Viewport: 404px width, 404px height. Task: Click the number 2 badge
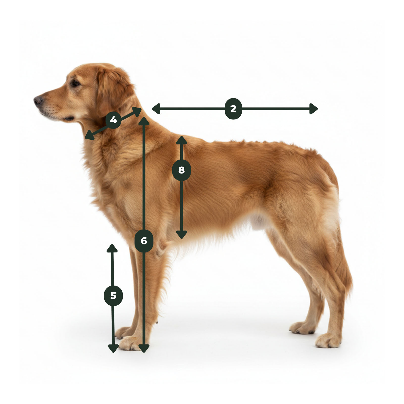point(233,109)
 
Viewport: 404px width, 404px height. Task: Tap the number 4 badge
point(113,120)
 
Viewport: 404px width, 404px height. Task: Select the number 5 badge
point(113,296)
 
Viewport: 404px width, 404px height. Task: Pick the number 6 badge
point(144,241)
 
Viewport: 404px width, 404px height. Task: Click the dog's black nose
point(38,100)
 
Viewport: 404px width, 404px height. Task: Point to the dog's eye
point(75,83)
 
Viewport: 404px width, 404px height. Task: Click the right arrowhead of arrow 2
point(314,109)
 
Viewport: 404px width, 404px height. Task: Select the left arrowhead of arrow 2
point(156,109)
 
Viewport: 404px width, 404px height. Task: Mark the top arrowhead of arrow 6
point(144,121)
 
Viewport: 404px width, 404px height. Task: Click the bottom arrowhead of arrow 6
point(144,349)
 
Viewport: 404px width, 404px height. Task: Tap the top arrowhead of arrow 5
point(112,248)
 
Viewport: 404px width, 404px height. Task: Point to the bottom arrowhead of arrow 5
point(113,349)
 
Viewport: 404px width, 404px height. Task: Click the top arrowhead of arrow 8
point(182,140)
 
